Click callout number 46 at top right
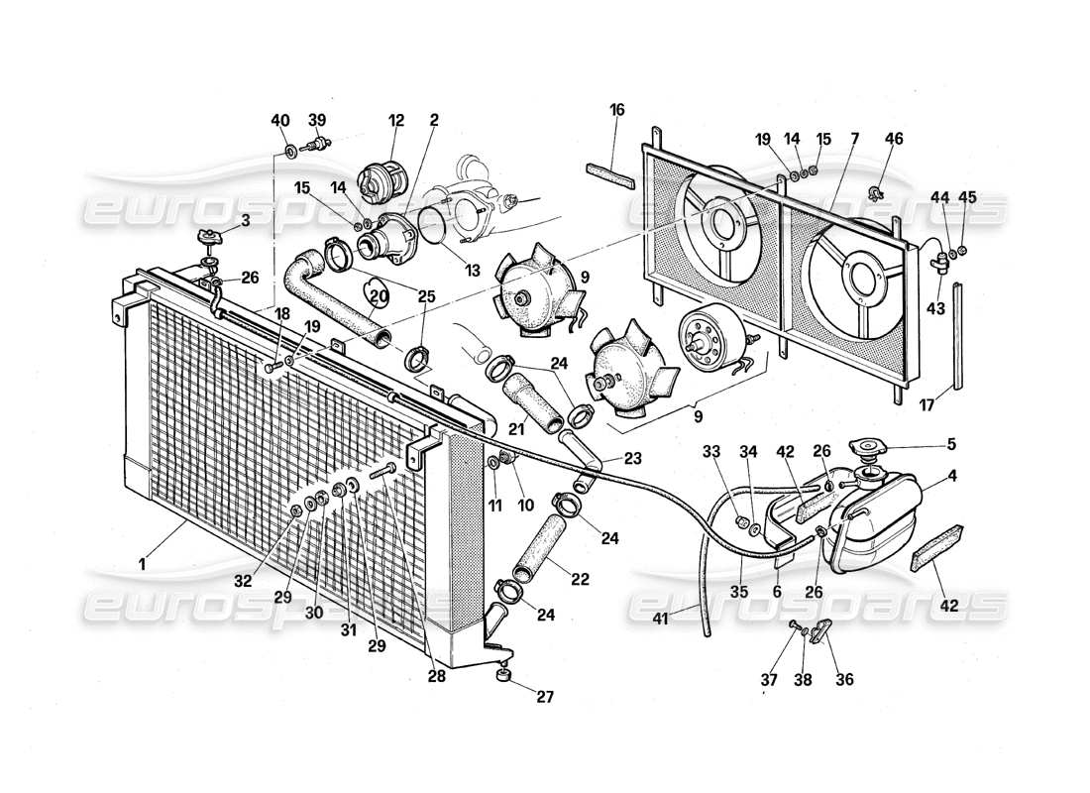tap(894, 139)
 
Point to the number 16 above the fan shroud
tap(616, 110)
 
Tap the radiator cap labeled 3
tap(208, 239)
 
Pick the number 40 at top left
tap(281, 120)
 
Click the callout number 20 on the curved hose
tap(379, 294)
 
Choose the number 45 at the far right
tap(968, 196)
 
